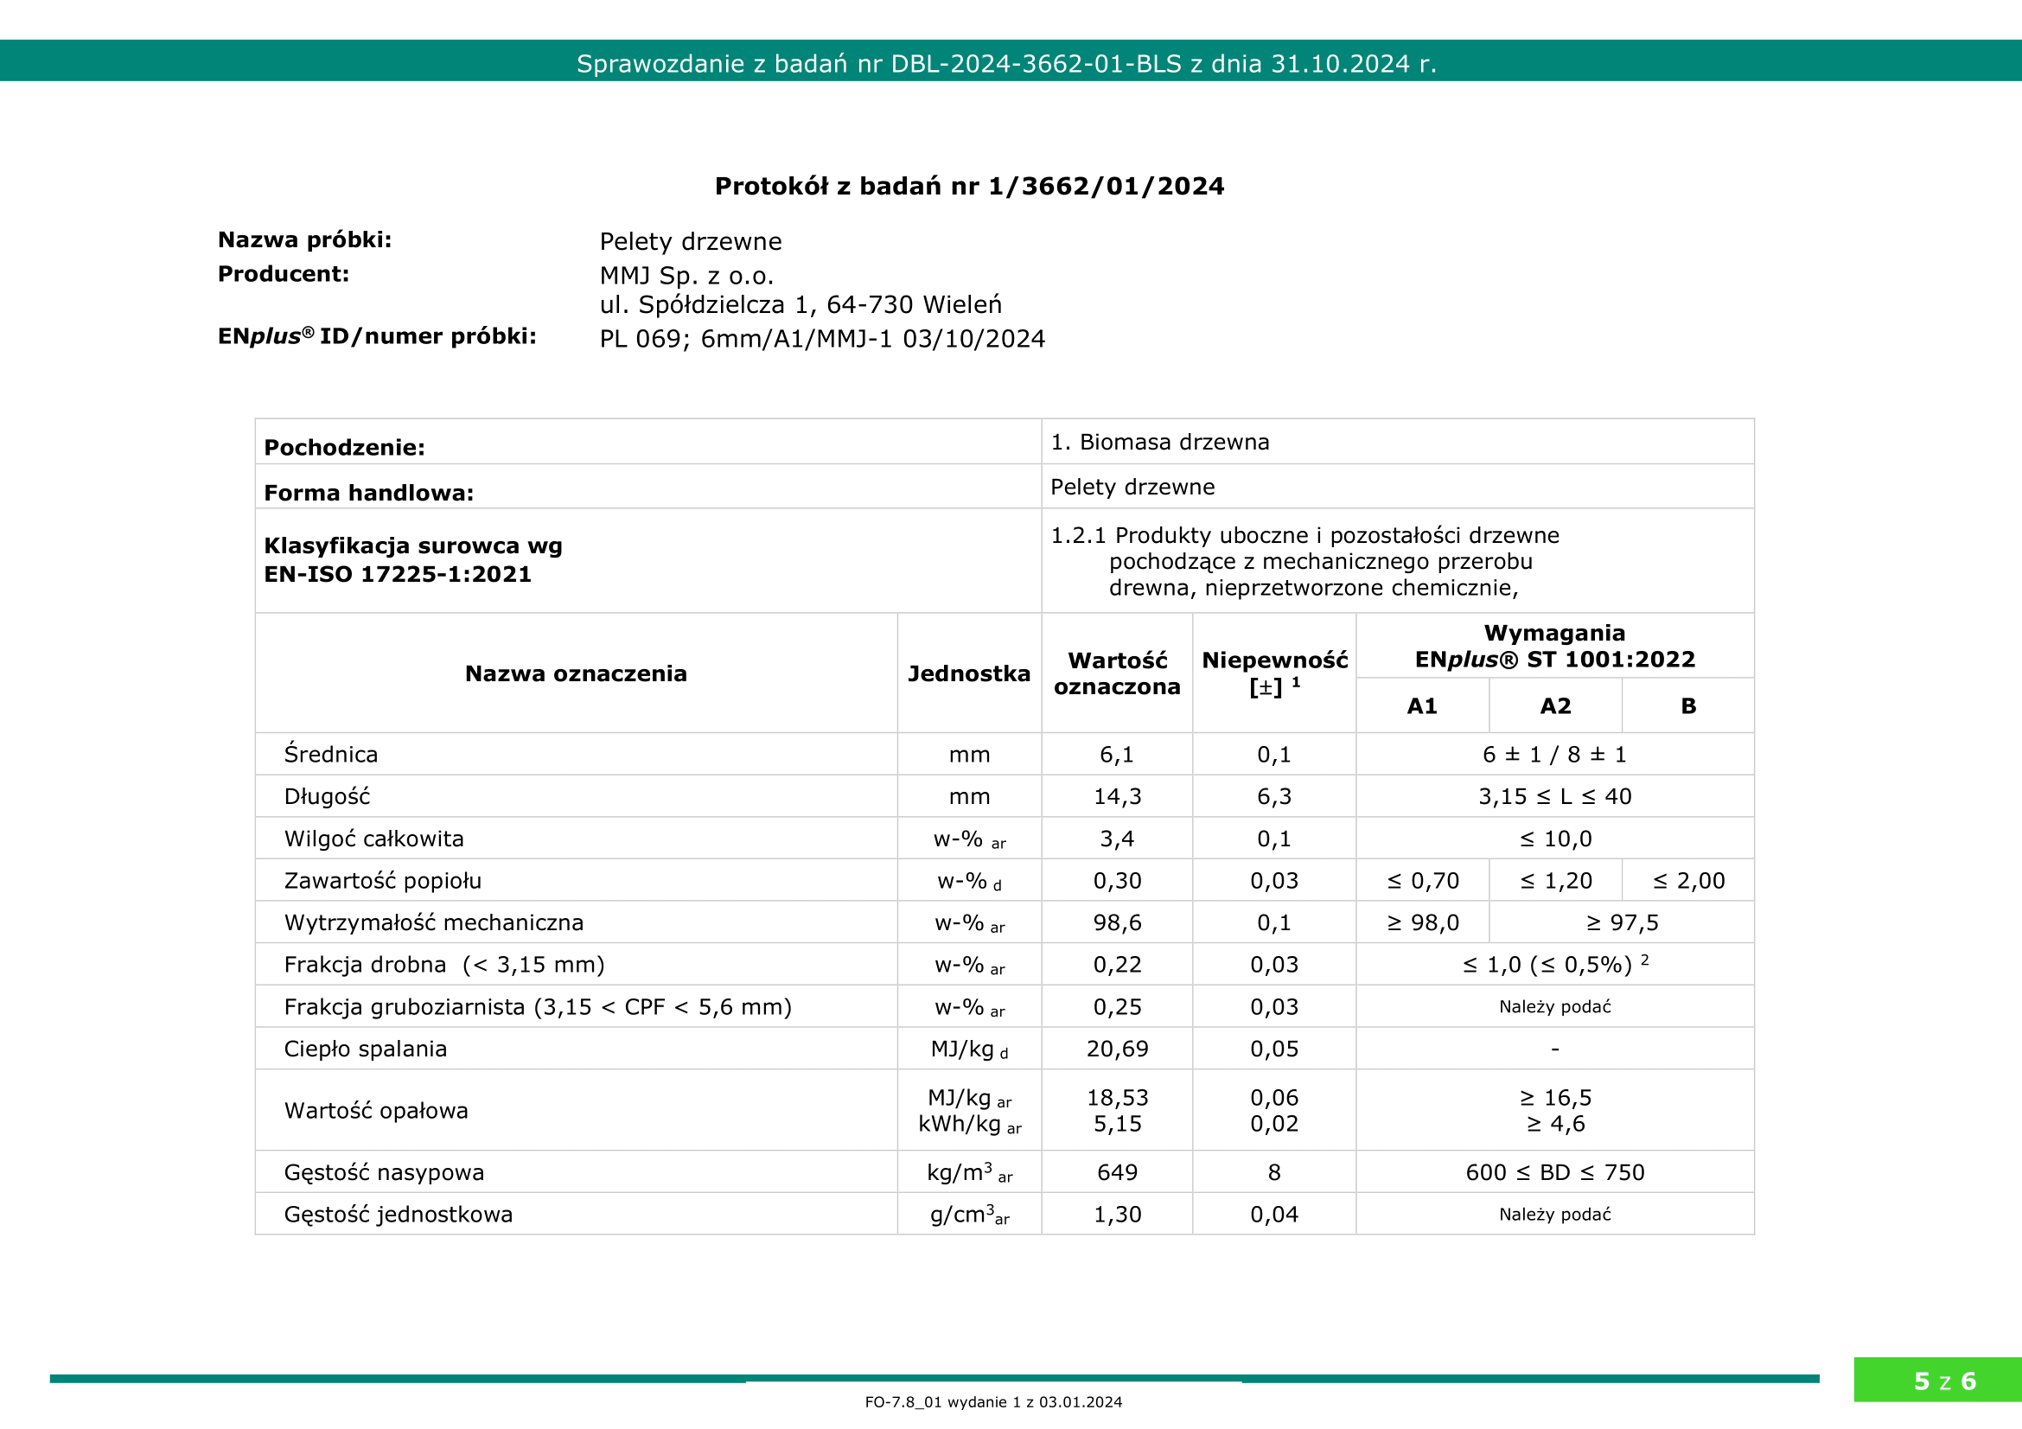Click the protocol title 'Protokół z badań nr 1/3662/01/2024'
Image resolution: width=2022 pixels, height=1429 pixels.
pyautogui.click(x=969, y=187)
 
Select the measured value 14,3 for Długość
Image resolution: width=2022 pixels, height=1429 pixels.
pyautogui.click(x=1117, y=797)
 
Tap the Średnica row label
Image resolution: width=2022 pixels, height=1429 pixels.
pyautogui.click(x=331, y=755)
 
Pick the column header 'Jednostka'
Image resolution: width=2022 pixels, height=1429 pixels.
pyautogui.click(x=969, y=673)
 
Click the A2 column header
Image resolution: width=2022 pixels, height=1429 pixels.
pyautogui.click(x=1555, y=706)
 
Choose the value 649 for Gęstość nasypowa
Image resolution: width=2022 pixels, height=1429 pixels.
pyautogui.click(x=1117, y=1173)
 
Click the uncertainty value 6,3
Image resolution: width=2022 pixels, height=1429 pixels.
pyautogui.click(x=1273, y=797)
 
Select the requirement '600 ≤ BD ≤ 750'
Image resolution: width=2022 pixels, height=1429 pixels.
pyautogui.click(x=1554, y=1173)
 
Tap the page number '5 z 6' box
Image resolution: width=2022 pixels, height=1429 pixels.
pyautogui.click(x=1944, y=1381)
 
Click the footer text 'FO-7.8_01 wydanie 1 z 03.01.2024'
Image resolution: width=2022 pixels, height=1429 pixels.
pyautogui.click(x=993, y=1402)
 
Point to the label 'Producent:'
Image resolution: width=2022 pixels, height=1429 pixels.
pyautogui.click(x=284, y=275)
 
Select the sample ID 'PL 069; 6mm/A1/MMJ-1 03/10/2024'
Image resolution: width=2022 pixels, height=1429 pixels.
pyautogui.click(x=821, y=339)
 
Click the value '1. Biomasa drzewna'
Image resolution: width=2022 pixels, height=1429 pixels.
pyautogui.click(x=1160, y=442)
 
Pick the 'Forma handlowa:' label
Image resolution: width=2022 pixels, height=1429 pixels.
pyautogui.click(x=369, y=493)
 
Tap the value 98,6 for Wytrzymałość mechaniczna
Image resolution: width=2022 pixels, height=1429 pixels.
pyautogui.click(x=1117, y=922)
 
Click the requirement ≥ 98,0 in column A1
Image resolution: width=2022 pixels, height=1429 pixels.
pyautogui.click(x=1423, y=922)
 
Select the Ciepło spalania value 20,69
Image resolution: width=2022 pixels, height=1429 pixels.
pyautogui.click(x=1117, y=1049)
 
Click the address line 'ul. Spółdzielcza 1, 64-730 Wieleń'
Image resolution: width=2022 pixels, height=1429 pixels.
pyautogui.click(x=801, y=304)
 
